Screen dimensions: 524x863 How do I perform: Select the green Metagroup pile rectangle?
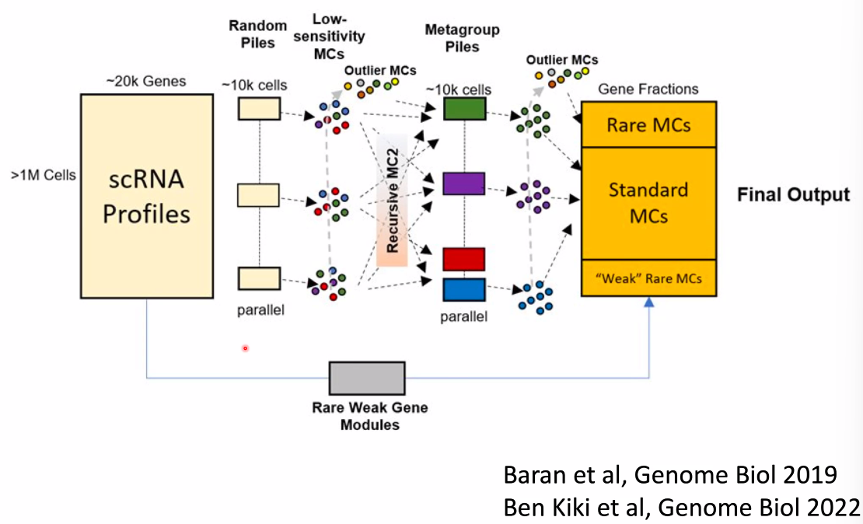point(464,108)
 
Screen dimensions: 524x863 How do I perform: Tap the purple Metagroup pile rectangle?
point(464,183)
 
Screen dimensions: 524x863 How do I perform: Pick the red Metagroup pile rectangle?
point(464,259)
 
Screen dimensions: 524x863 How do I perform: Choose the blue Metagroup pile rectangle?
point(464,289)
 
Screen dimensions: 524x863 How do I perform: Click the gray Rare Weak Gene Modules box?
point(367,378)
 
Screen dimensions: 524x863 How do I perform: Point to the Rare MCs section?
point(648,124)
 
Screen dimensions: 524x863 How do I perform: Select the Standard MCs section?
point(648,202)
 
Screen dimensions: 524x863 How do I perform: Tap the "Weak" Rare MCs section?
point(648,278)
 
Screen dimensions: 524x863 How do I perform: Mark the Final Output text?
point(793,194)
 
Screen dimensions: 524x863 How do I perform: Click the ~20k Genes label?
point(146,81)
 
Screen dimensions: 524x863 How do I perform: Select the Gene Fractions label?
point(648,89)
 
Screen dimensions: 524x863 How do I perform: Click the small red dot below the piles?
point(245,348)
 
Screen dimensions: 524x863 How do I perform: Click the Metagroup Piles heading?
point(452,37)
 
